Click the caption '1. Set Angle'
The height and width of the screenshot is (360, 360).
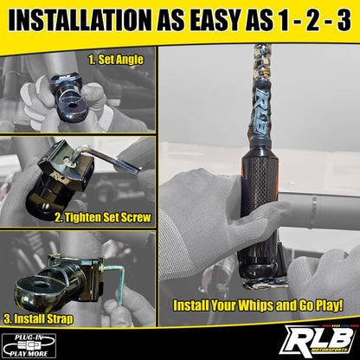tap(115, 60)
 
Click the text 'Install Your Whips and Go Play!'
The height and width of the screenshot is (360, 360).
tap(258, 305)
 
